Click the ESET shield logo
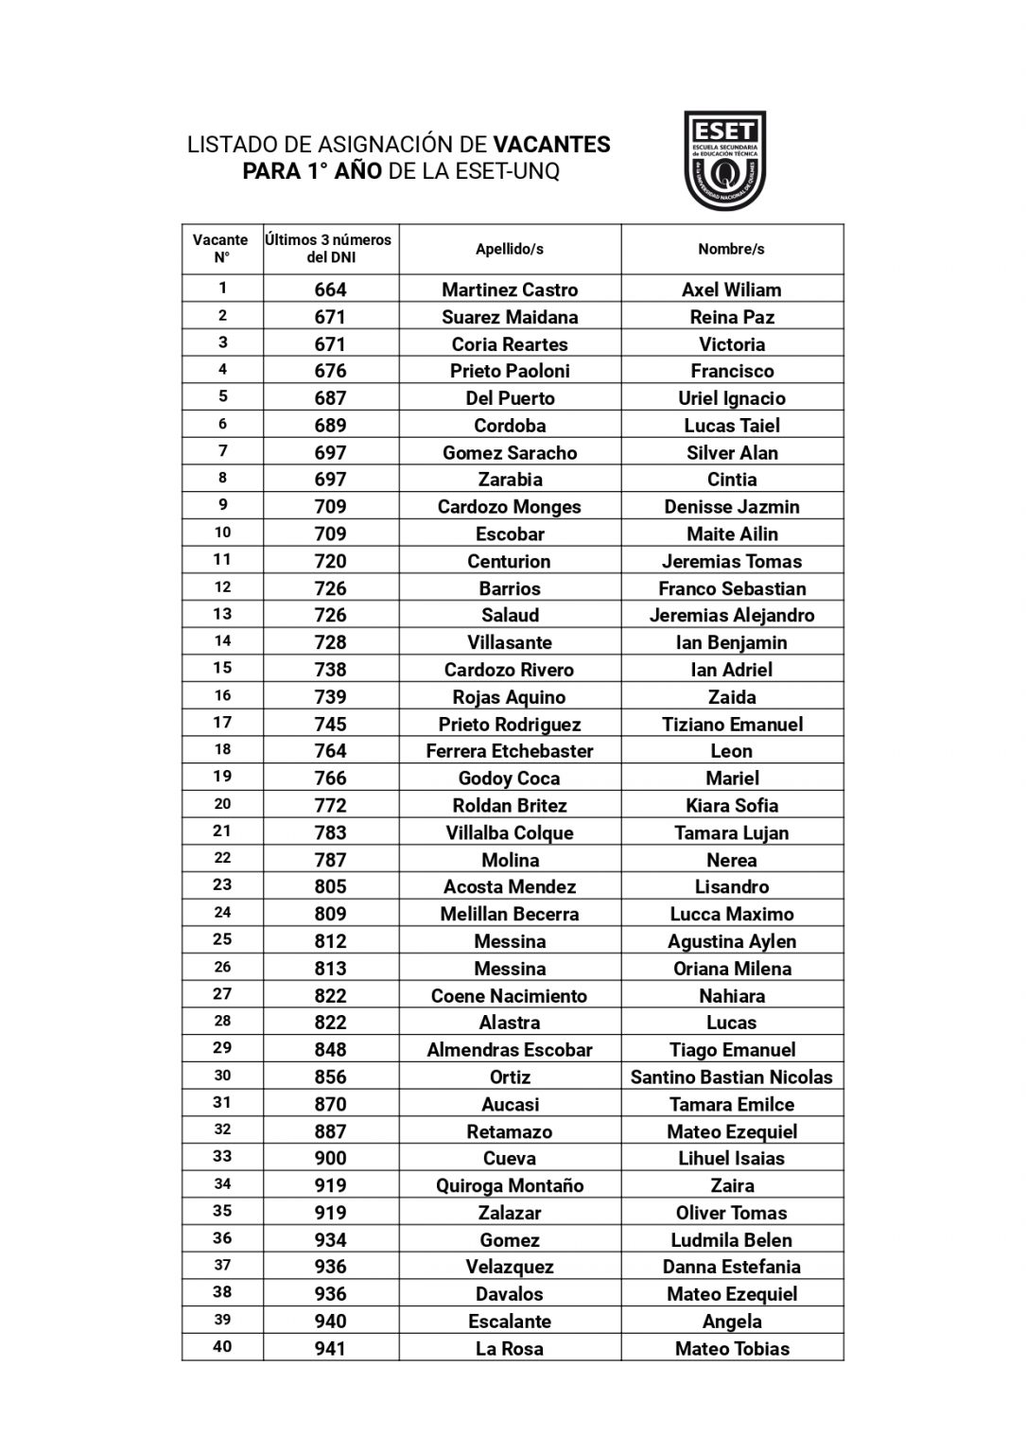pyautogui.click(x=723, y=160)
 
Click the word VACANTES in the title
pyautogui.click(x=551, y=145)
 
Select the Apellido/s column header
pyautogui.click(x=509, y=249)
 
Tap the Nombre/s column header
pyautogui.click(x=731, y=249)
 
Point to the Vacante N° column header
pyautogui.click(x=221, y=249)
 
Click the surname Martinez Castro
pyautogui.click(x=509, y=289)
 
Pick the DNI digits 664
pyautogui.click(x=330, y=289)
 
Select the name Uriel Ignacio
pyautogui.click(x=731, y=398)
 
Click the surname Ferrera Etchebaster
pyautogui.click(x=509, y=751)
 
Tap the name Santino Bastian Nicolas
pyautogui.click(x=731, y=1077)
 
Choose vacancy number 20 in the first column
pyautogui.click(x=222, y=804)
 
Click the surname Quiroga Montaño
pyautogui.click(x=509, y=1185)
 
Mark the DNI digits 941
pyautogui.click(x=330, y=1348)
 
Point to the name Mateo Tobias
pyautogui.click(x=731, y=1348)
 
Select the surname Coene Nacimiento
pyautogui.click(x=509, y=995)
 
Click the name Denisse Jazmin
pyautogui.click(x=731, y=506)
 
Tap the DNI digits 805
pyautogui.click(x=330, y=886)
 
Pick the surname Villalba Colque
pyautogui.click(x=509, y=832)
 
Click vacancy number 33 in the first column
pyautogui.click(x=222, y=1156)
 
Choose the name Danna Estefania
pyautogui.click(x=731, y=1267)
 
